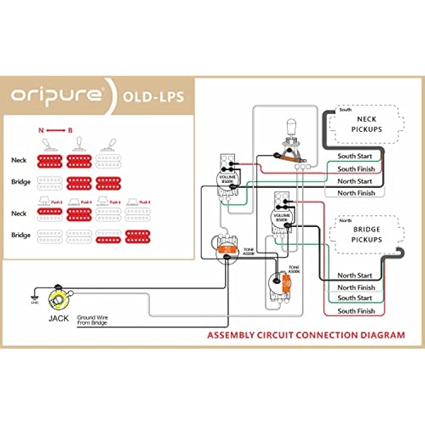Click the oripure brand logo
pyautogui.click(x=57, y=96)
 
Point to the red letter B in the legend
pyautogui.click(x=70, y=130)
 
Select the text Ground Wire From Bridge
pyautogui.click(x=92, y=320)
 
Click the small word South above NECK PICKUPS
pyautogui.click(x=345, y=110)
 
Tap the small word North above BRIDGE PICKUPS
pyautogui.click(x=345, y=220)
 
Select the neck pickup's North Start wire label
pyautogui.click(x=355, y=181)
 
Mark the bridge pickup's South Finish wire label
pyautogui.click(x=356, y=311)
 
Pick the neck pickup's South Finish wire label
pyautogui.click(x=356, y=169)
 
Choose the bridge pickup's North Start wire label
pyautogui.click(x=355, y=275)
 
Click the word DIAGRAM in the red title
pyautogui.click(x=380, y=335)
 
